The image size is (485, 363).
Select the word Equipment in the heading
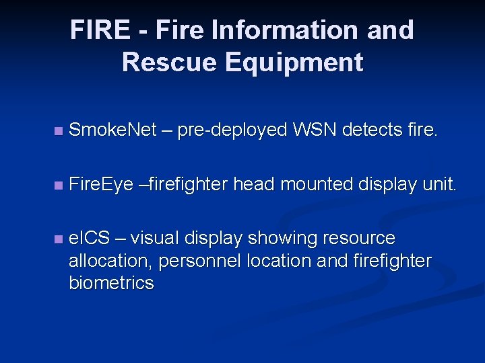pyautogui.click(x=294, y=63)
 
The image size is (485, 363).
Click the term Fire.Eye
pyautogui.click(x=101, y=184)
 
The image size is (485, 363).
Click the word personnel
pyautogui.click(x=205, y=261)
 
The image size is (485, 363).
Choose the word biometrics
pyautogui.click(x=111, y=283)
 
